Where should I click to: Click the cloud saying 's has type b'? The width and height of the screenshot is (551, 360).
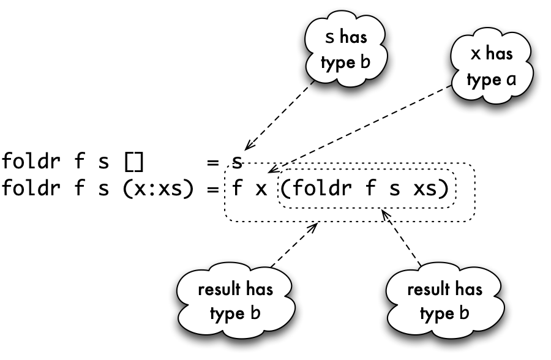pyautogui.click(x=346, y=48)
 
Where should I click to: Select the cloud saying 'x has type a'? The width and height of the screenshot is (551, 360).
pyautogui.click(x=492, y=66)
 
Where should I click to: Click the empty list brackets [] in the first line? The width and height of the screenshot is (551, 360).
pyautogui.click(x=134, y=162)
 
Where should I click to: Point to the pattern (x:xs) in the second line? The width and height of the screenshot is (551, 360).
pyautogui.click(x=158, y=189)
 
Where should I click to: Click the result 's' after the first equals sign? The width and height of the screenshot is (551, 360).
pyautogui.click(x=237, y=162)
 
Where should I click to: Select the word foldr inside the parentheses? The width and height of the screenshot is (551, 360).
pyautogui.click(x=322, y=187)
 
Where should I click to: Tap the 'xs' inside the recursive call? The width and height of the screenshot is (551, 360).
pyautogui.click(x=425, y=189)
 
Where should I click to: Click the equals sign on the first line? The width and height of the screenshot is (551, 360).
pyautogui.click(x=212, y=162)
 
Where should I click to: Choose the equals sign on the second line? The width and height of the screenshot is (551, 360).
pyautogui.click(x=212, y=189)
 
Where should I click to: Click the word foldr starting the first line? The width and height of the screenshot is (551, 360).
pyautogui.click(x=31, y=161)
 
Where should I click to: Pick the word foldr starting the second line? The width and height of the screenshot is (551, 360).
pyautogui.click(x=31, y=187)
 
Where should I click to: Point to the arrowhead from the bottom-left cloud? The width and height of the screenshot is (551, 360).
pyautogui.click(x=313, y=227)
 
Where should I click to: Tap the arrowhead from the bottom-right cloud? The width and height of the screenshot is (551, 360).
pyautogui.click(x=386, y=214)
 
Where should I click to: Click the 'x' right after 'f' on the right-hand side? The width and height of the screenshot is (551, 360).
pyautogui.click(x=261, y=189)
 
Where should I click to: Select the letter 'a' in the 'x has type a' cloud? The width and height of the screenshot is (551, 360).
pyautogui.click(x=511, y=80)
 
